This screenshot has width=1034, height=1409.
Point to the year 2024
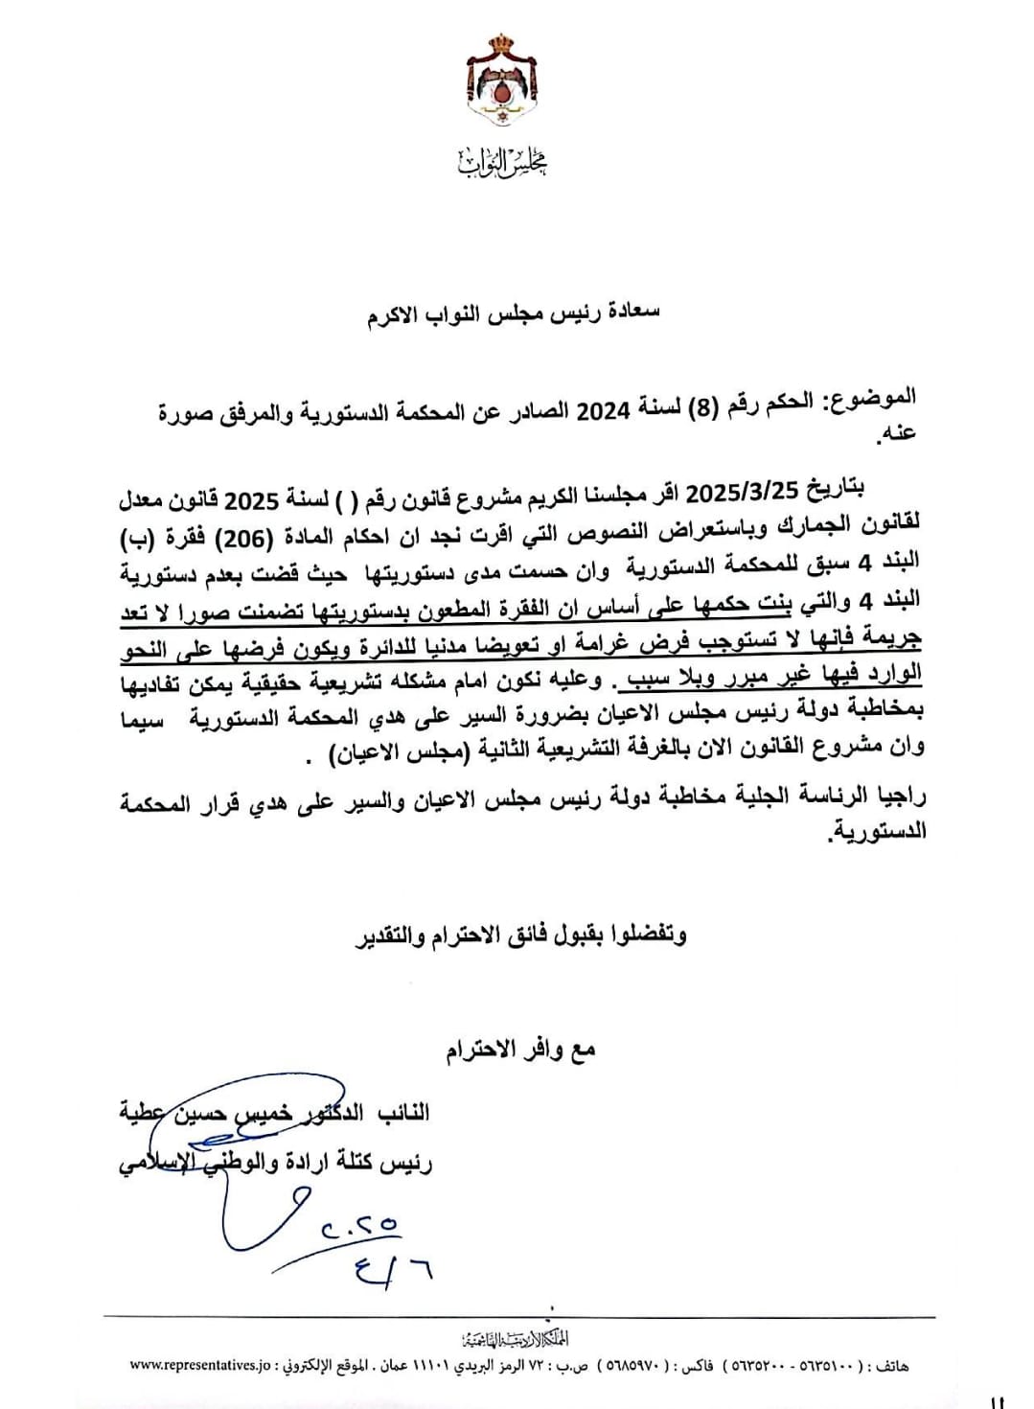(609, 410)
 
